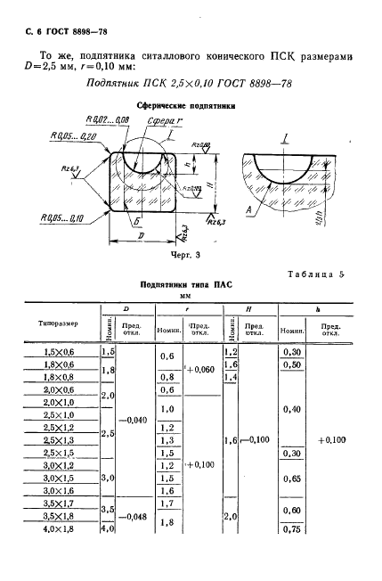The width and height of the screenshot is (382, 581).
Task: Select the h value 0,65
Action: point(291,478)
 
